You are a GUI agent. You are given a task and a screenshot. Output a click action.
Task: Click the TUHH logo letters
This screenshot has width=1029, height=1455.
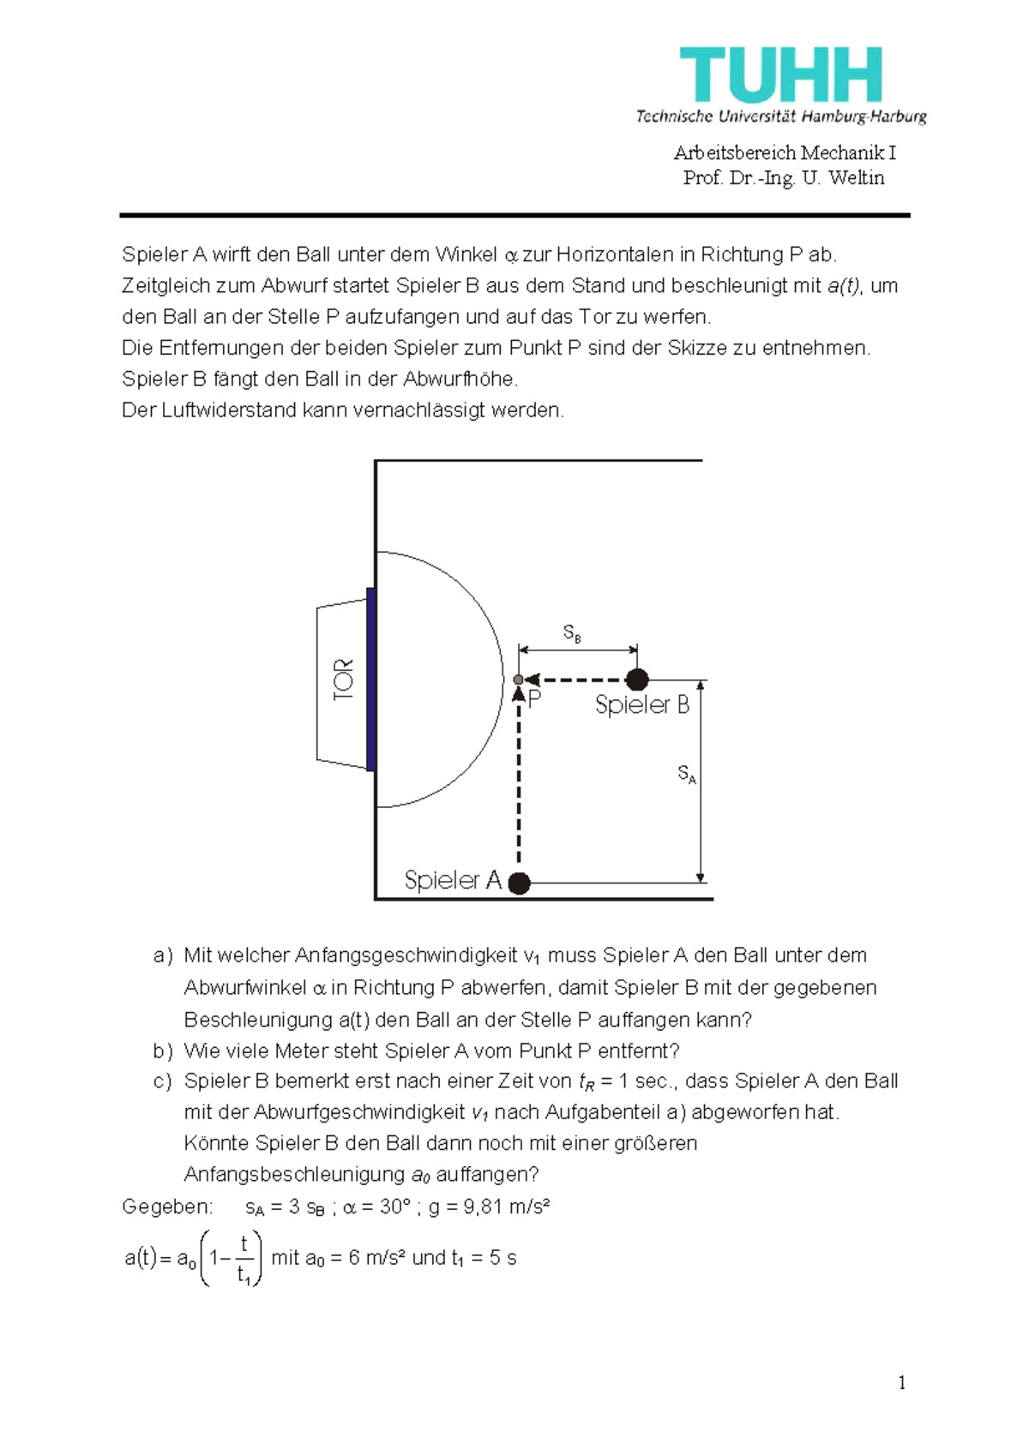coord(780,75)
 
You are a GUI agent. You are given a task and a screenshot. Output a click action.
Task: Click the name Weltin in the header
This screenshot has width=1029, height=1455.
coord(856,177)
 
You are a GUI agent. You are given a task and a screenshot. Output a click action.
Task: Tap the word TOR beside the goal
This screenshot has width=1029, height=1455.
coord(343,680)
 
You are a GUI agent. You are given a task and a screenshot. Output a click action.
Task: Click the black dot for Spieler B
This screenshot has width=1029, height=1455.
coord(636,680)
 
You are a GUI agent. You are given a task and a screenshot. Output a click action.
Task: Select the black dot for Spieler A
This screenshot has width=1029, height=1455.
coord(519,883)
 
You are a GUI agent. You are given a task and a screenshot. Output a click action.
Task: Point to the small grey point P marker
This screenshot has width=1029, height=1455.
coord(518,680)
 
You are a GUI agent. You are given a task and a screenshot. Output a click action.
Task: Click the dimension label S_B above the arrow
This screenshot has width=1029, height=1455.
coord(572,633)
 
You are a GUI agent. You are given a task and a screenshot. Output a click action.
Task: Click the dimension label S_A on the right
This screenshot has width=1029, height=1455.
coord(687,774)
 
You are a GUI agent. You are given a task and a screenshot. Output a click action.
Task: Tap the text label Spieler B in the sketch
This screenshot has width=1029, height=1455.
coord(641,705)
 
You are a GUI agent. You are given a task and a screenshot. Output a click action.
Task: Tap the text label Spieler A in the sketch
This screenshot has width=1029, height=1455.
coord(452,880)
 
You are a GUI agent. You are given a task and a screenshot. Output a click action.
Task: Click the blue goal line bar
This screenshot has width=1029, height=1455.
coord(370,680)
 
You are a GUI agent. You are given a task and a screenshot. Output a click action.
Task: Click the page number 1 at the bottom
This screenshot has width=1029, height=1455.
coord(901,1382)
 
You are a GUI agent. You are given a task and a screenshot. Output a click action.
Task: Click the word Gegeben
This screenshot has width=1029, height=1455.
coord(166,1207)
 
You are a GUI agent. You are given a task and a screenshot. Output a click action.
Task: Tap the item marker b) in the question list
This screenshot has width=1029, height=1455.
coord(163,1051)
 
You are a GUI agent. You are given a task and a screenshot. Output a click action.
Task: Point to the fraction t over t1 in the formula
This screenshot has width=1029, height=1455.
coord(244,1258)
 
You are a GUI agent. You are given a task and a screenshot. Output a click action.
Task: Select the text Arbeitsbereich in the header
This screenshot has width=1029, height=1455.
coord(734,153)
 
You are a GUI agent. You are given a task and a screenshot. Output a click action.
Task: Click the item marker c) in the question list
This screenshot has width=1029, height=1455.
coord(163,1081)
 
